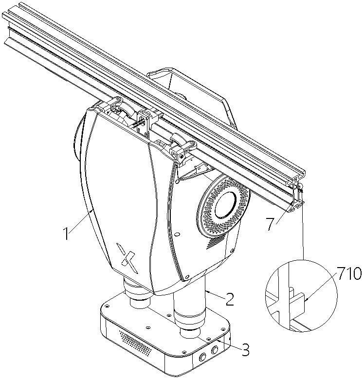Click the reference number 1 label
[x=66, y=233]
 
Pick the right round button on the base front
[x=215, y=350]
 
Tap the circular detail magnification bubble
[x=301, y=295]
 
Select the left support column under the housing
[x=138, y=294]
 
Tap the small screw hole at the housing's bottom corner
[x=187, y=276]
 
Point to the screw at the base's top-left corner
[x=107, y=306]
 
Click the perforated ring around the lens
[x=223, y=205]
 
